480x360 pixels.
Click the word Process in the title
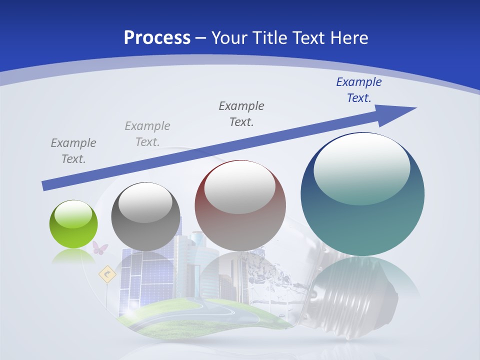(x=157, y=38)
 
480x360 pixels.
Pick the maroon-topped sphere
(x=240, y=206)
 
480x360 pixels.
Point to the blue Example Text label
(x=358, y=90)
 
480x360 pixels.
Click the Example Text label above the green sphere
(x=73, y=151)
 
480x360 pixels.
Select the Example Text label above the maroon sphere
(x=241, y=113)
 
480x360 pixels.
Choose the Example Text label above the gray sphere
(x=147, y=134)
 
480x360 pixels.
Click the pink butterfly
(x=100, y=247)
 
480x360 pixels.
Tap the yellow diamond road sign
(x=107, y=274)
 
